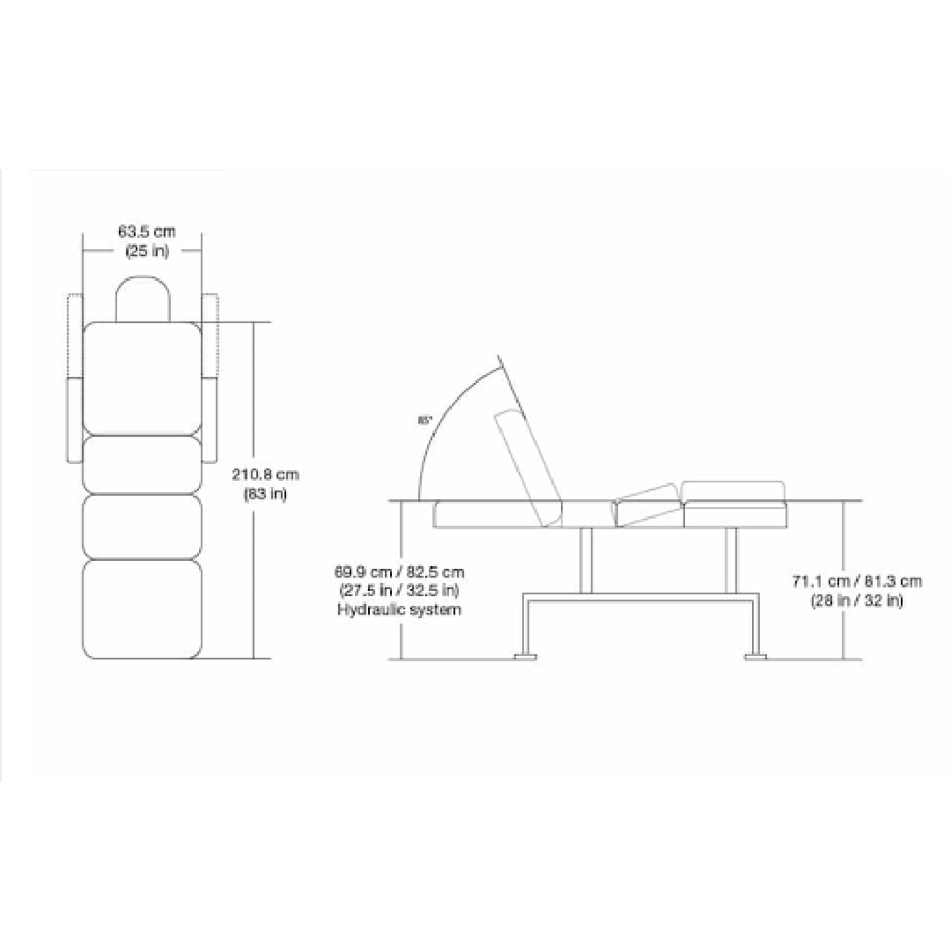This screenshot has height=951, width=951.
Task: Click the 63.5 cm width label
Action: [147, 232]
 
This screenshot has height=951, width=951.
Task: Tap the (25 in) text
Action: [147, 250]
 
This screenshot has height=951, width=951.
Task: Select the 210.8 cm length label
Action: [265, 475]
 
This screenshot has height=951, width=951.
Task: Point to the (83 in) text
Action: [265, 493]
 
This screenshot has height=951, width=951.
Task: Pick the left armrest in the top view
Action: [74, 379]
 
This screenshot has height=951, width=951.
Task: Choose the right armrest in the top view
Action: [210, 379]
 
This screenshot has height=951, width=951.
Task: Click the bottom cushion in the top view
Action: [142, 608]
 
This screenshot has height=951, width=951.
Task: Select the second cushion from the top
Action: [142, 464]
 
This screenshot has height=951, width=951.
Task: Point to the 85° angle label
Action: [425, 420]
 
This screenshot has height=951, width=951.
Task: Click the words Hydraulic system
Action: [399, 609]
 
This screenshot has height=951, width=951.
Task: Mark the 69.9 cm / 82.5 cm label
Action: [399, 572]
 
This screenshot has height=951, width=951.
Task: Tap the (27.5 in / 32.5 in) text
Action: [399, 591]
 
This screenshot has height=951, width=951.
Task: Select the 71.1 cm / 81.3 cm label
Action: [857, 581]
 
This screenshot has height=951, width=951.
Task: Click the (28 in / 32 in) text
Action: [857, 601]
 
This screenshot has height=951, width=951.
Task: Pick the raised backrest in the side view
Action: [528, 467]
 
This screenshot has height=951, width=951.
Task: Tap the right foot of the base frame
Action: [756, 655]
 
